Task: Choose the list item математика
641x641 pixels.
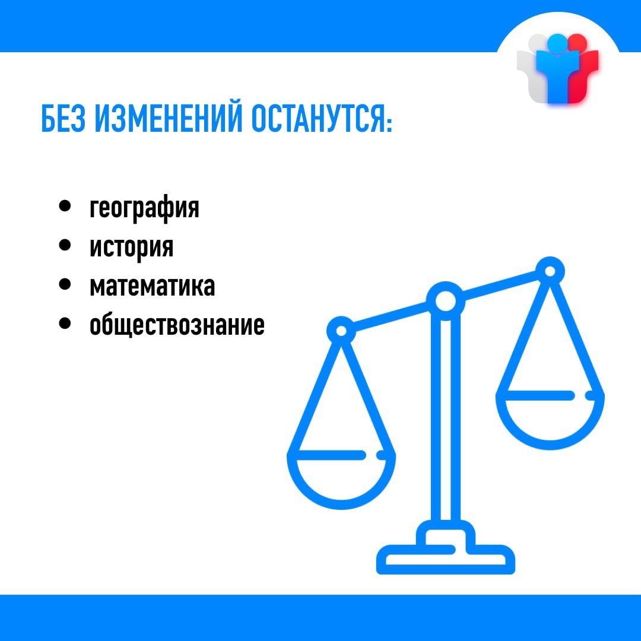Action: coord(152,286)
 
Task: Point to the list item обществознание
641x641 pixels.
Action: coord(177,325)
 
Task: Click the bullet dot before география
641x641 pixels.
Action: coord(65,205)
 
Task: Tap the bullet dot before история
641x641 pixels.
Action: coord(65,245)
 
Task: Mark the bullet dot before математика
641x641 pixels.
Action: coord(65,284)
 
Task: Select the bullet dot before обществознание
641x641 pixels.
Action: coord(65,323)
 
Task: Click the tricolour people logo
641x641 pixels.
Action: coord(557,68)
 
